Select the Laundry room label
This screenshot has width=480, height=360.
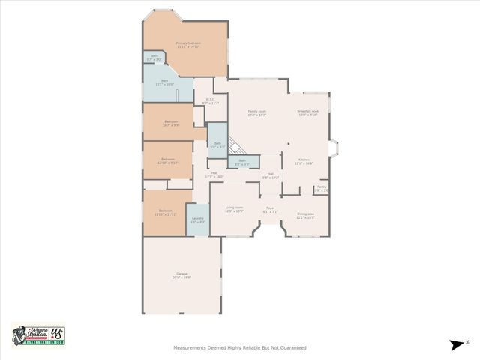point(197,220)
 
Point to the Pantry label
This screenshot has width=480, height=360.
point(321,189)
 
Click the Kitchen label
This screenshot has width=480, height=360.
point(304,161)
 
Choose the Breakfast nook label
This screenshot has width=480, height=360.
point(308,113)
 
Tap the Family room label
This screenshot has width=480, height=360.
point(257,113)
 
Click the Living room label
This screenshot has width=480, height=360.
point(234,209)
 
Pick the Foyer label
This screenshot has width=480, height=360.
point(271,210)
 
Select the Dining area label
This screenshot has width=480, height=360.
point(305,215)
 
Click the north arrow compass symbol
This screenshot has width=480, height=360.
point(457,344)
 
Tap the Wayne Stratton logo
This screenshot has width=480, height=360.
point(38,335)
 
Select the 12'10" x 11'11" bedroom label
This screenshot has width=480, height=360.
point(167,212)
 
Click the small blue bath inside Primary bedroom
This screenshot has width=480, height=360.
point(154,57)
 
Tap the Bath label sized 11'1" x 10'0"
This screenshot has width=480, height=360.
point(164,84)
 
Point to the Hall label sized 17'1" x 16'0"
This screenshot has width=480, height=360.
point(214,175)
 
